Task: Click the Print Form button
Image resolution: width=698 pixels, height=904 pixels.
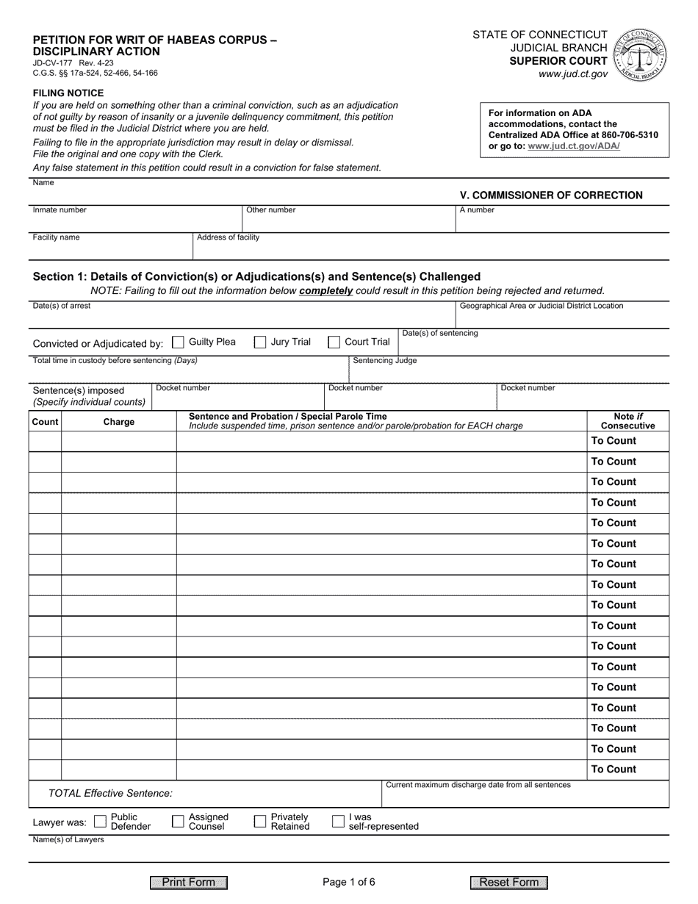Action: (189, 883)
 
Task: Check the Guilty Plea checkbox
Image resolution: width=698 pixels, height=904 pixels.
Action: (178, 342)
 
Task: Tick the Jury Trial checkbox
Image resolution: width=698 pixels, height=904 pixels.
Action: (260, 342)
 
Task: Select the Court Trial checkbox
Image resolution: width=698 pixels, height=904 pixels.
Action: (334, 342)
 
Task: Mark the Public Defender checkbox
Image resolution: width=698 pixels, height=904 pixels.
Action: (101, 822)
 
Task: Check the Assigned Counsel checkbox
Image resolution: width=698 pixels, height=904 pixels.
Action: (178, 822)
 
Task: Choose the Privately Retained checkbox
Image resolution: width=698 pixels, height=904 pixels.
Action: (260, 822)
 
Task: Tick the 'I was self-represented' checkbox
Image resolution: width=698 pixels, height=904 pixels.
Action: (339, 822)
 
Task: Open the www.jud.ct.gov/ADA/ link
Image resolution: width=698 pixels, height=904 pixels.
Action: (574, 146)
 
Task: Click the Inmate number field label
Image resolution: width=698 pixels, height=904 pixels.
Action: (60, 210)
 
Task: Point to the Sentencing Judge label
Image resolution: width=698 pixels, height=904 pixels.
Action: (385, 361)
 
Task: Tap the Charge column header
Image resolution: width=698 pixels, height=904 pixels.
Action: (119, 422)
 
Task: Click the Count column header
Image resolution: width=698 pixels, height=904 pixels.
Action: (45, 422)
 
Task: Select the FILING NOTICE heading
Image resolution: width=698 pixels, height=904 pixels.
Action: (68, 93)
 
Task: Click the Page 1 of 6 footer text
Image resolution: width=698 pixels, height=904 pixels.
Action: (349, 883)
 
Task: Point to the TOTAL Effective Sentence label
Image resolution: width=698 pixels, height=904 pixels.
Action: (110, 793)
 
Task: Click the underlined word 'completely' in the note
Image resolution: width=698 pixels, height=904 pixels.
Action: (326, 290)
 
